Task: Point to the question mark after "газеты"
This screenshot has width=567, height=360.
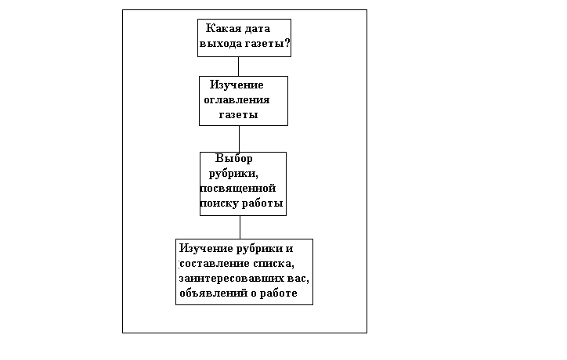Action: (287, 44)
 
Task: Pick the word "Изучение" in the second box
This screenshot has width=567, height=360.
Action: (237, 85)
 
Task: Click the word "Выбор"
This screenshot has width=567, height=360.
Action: (234, 158)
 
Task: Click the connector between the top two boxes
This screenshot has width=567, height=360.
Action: (239, 66)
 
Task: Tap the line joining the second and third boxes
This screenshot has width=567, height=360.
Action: (239, 139)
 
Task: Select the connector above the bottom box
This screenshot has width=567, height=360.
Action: (240, 226)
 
